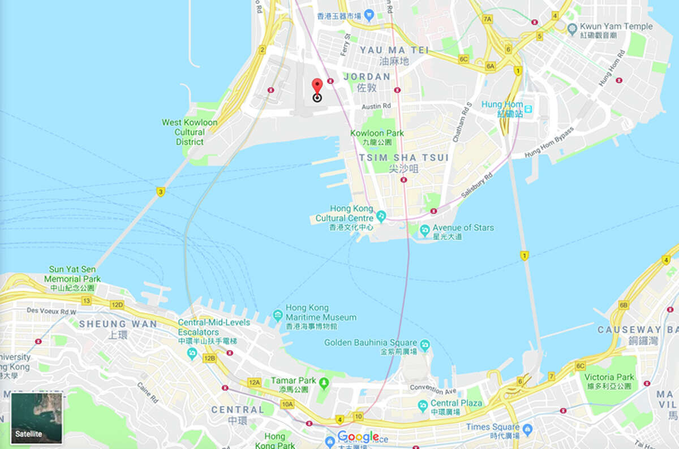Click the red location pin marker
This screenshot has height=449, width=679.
[x=317, y=88]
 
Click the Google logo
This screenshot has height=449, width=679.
[x=358, y=437]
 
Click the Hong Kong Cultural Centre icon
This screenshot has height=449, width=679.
[x=381, y=216]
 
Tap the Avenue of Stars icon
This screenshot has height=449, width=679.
[x=424, y=229]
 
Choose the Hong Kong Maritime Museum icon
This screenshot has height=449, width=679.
[x=277, y=314]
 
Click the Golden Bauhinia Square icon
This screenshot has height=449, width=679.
[x=425, y=344]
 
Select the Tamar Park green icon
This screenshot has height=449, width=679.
[x=324, y=383]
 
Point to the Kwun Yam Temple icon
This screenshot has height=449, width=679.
[x=573, y=27]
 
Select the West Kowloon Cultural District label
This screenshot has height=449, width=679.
[x=190, y=132]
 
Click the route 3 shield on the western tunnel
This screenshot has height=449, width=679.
[x=161, y=192]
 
